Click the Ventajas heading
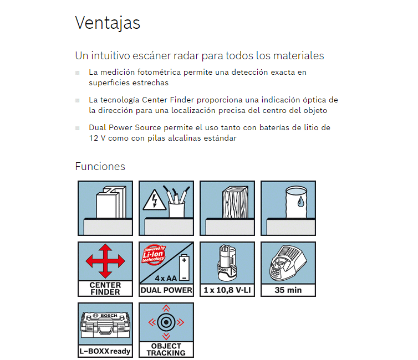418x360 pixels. (x=108, y=23)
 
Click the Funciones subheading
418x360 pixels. (x=100, y=166)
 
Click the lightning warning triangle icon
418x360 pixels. (x=155, y=200)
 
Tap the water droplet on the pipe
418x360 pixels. (x=300, y=202)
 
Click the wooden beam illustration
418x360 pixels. (x=235, y=202)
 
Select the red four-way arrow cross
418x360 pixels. (x=105, y=261)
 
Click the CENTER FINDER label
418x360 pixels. (x=105, y=289)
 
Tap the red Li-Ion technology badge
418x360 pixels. (x=154, y=255)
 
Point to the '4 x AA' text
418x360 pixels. (x=166, y=278)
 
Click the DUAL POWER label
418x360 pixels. (x=166, y=290)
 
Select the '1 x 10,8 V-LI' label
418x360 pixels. (x=227, y=290)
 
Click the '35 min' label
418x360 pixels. (x=288, y=290)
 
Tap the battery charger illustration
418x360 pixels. (x=288, y=263)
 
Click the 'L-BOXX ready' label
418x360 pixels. (x=105, y=352)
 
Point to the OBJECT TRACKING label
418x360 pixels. (x=166, y=349)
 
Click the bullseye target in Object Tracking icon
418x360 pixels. (x=166, y=322)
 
